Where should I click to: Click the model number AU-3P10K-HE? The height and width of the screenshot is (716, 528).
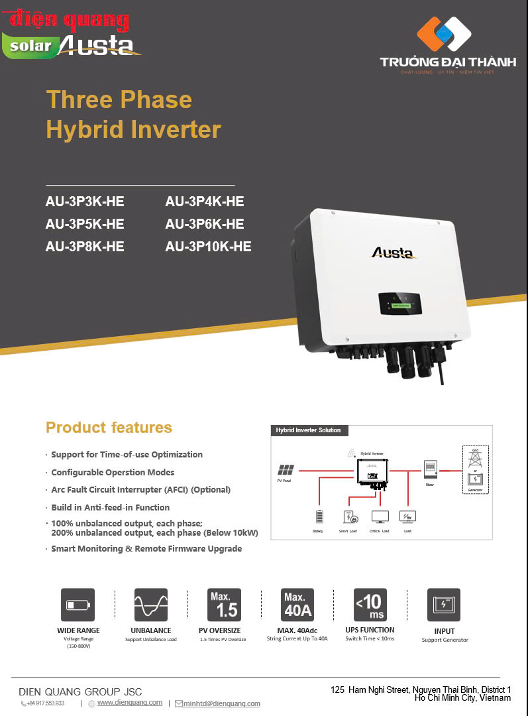pos(208,247)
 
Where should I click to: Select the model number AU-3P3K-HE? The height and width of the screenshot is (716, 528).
pos(85,202)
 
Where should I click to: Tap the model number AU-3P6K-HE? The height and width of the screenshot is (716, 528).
pos(204,224)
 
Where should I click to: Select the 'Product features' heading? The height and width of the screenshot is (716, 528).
pos(109,428)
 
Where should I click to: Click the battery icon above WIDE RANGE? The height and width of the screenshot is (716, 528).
pos(78,605)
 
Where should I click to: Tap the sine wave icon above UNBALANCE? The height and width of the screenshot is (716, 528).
pos(150,605)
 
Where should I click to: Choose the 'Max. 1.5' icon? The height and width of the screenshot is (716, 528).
pos(224,605)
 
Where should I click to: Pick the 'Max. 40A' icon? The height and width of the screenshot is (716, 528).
pos(297,605)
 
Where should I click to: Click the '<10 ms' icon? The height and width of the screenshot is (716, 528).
pos(370,605)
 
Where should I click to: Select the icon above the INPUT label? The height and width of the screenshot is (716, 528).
pos(444,605)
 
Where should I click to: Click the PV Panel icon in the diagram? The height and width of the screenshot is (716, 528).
pos(287,469)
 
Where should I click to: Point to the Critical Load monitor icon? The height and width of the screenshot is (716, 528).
pos(380,516)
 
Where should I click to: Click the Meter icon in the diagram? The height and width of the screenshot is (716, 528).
pos(431,469)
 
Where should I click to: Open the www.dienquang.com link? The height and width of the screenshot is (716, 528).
pos(130,702)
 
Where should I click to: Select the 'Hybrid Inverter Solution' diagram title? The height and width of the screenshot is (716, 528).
pos(308,430)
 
